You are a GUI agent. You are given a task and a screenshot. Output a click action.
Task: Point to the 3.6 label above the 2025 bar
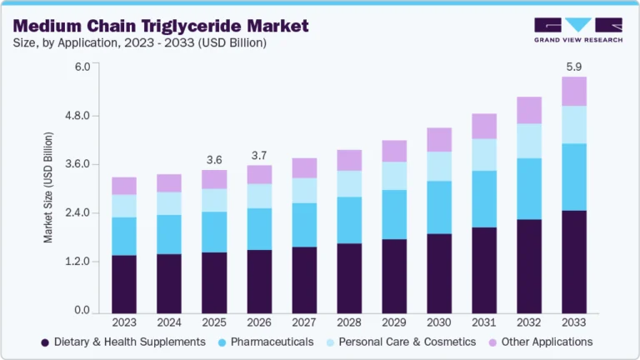click(214, 160)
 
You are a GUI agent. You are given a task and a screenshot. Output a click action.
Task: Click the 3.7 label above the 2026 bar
click(260, 156)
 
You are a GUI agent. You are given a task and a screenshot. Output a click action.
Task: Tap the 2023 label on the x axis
click(123, 322)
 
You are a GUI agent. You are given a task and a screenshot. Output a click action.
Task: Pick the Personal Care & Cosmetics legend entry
click(408, 342)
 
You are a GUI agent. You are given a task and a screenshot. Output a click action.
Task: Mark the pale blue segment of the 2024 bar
click(169, 203)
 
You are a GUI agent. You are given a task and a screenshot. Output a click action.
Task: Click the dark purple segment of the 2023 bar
click(123, 283)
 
